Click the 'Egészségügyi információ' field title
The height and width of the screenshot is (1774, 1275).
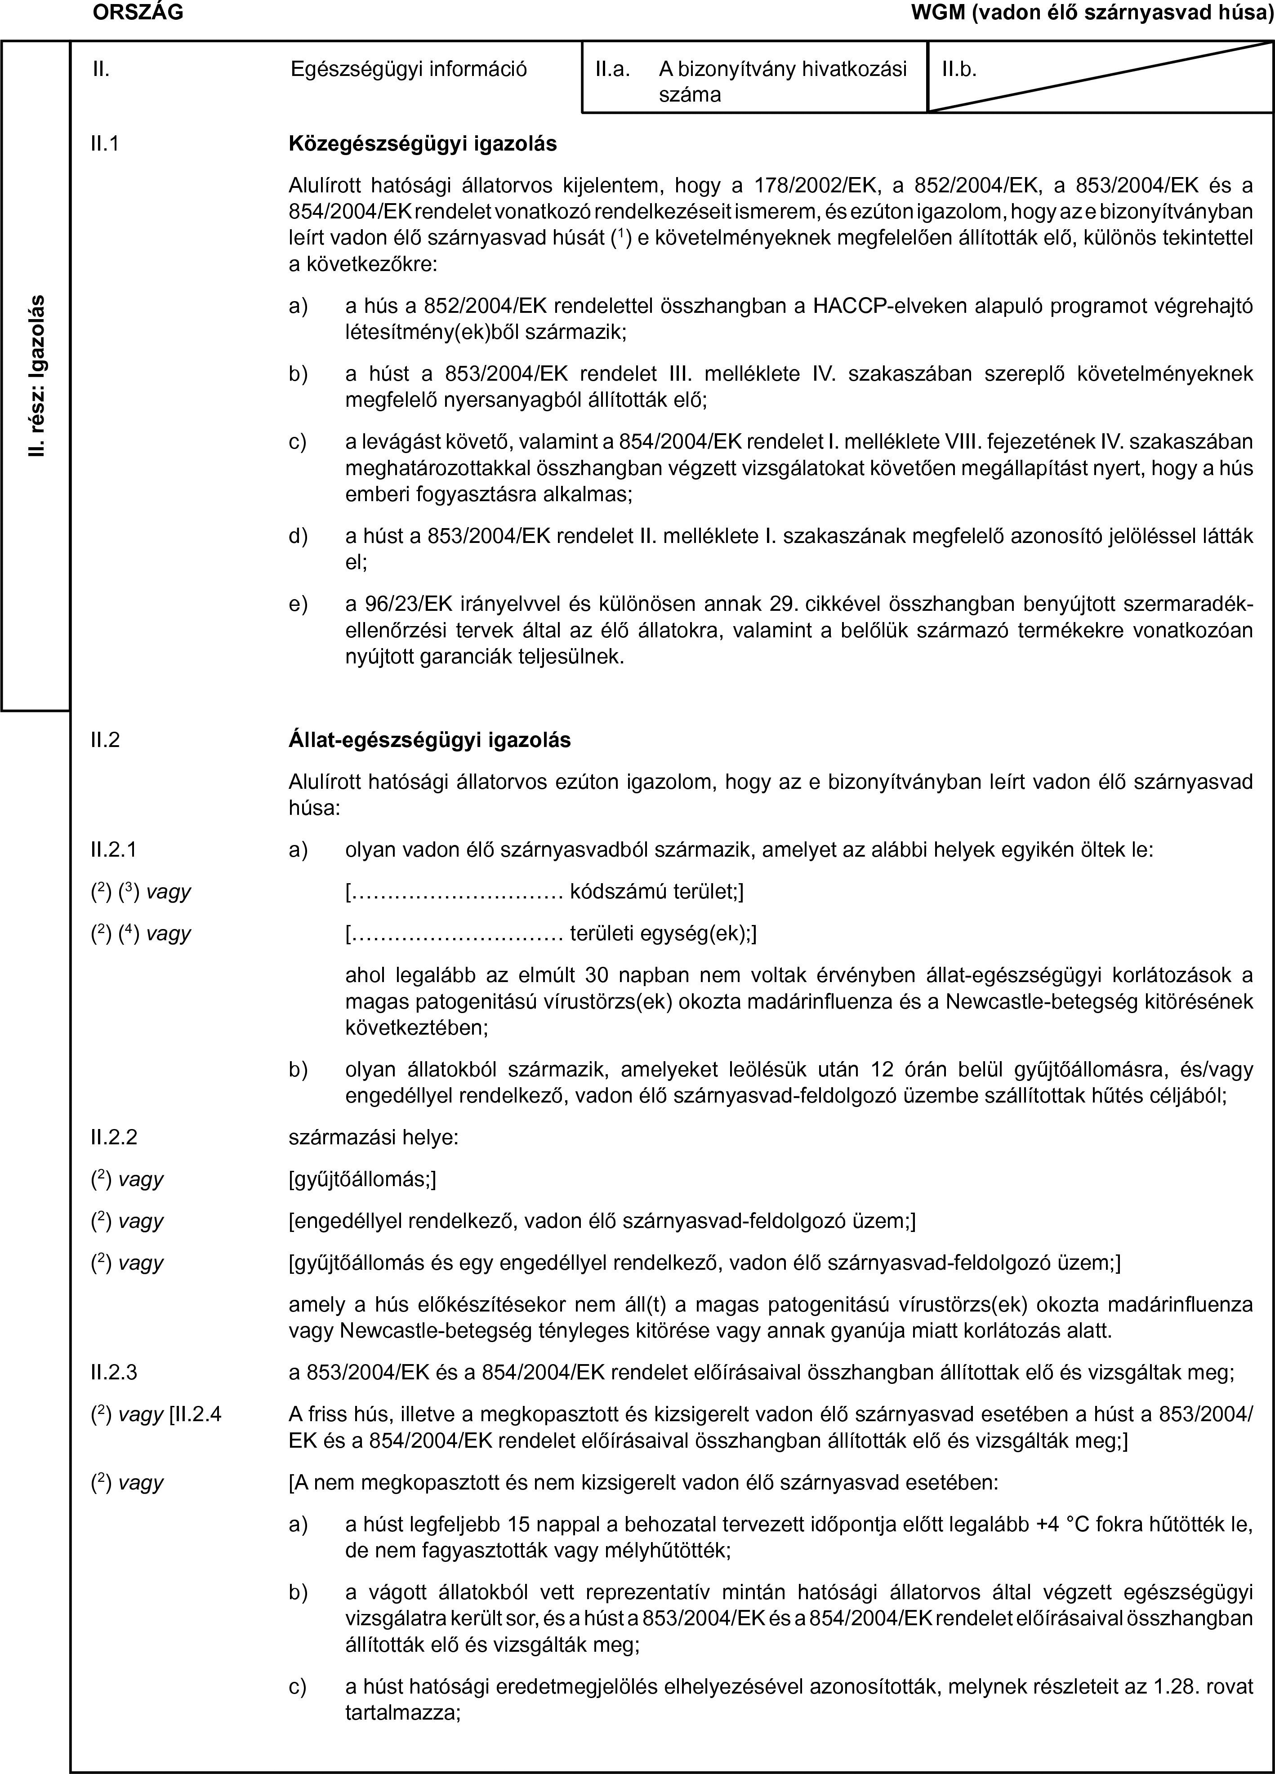click(x=408, y=70)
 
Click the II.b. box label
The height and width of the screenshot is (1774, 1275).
click(x=958, y=70)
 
